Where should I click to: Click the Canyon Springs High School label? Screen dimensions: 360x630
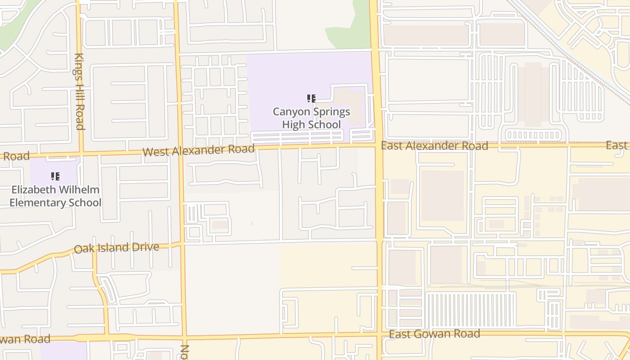[x=311, y=118]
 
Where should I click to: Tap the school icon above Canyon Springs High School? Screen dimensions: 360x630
[x=311, y=99]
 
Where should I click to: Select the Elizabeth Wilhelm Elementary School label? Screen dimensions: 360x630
[x=55, y=196]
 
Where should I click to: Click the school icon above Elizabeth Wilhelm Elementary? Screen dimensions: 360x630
[x=55, y=176]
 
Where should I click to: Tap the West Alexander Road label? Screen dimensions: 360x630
[x=198, y=150]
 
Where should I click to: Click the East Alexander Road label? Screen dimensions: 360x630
[x=434, y=146]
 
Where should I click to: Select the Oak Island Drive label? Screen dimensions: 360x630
[x=117, y=248]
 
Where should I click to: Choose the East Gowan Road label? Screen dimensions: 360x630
[x=434, y=334]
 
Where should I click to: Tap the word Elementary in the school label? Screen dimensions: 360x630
[x=37, y=202]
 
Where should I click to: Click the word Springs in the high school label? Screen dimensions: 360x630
[x=333, y=112]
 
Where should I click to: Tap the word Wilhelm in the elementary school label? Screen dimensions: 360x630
[x=77, y=189]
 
